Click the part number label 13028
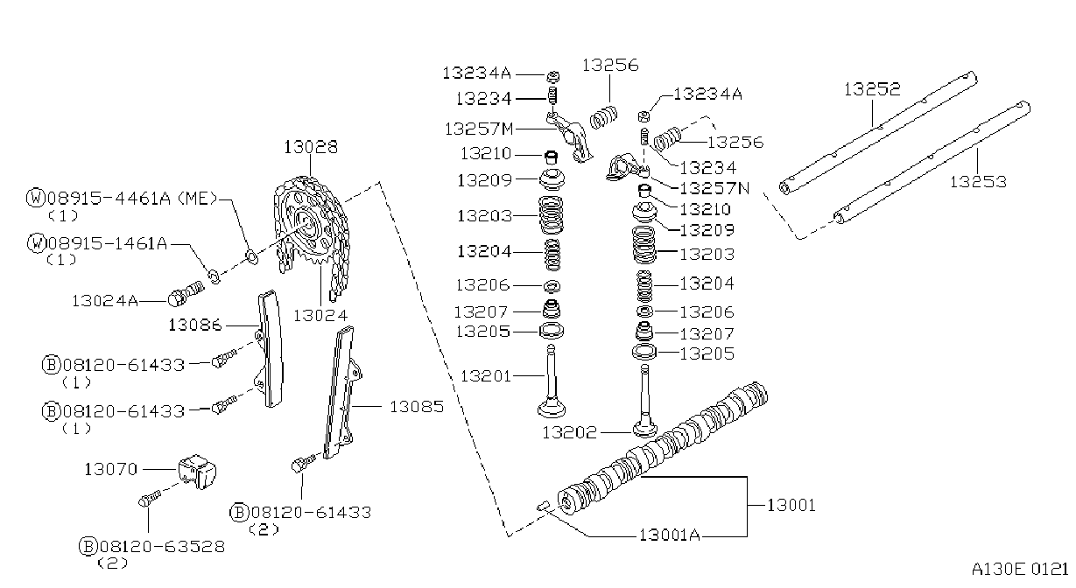(x=311, y=147)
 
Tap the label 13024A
(x=105, y=301)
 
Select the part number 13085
(x=417, y=407)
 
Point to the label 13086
(x=195, y=325)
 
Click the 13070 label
(x=111, y=469)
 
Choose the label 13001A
(x=670, y=535)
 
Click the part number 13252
(x=872, y=88)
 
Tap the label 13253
(x=978, y=181)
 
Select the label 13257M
(x=479, y=129)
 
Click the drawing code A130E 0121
(x=1020, y=570)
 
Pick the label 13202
(x=569, y=432)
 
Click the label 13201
(x=486, y=376)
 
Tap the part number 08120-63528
(x=162, y=546)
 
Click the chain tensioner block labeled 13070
(x=197, y=472)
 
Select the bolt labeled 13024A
(x=186, y=293)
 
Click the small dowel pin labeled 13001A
(x=543, y=506)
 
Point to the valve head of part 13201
(x=552, y=409)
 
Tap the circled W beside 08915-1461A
(x=37, y=243)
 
